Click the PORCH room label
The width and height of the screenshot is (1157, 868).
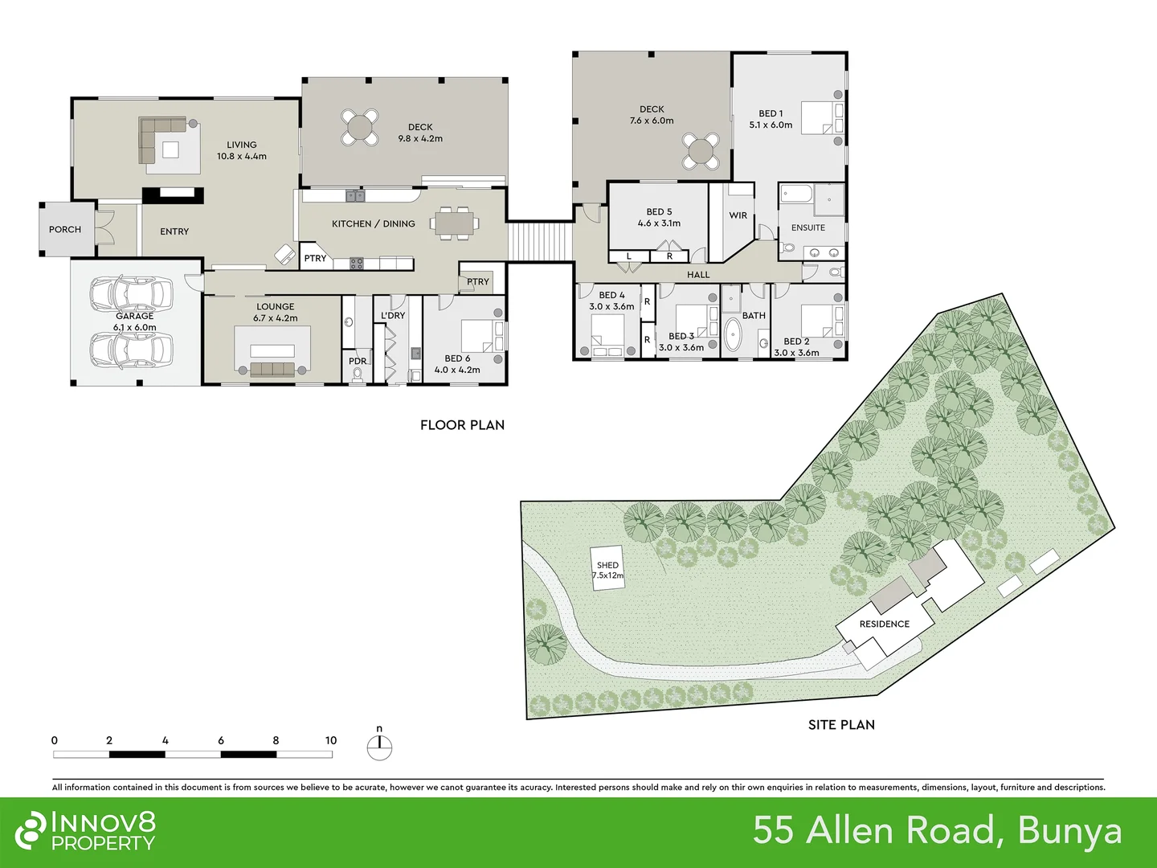[64, 230]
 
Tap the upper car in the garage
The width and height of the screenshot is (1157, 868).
[131, 294]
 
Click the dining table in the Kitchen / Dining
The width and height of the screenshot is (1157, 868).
[455, 223]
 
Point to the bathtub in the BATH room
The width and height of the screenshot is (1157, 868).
[732, 337]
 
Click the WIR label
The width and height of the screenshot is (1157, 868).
[738, 215]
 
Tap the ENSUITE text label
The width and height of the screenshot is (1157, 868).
[807, 228]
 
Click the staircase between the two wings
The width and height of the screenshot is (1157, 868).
[539, 241]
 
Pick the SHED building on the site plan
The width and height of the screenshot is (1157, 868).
[608, 569]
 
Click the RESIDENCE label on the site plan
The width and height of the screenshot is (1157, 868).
[884, 624]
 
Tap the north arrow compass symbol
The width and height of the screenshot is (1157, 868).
[379, 747]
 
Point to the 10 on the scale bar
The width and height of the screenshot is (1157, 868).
[330, 740]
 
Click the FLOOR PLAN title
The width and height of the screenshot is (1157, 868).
[462, 425]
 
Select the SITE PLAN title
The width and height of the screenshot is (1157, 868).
[840, 725]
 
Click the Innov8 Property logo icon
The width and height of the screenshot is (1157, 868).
[31, 830]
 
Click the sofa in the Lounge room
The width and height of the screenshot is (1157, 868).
[273, 369]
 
